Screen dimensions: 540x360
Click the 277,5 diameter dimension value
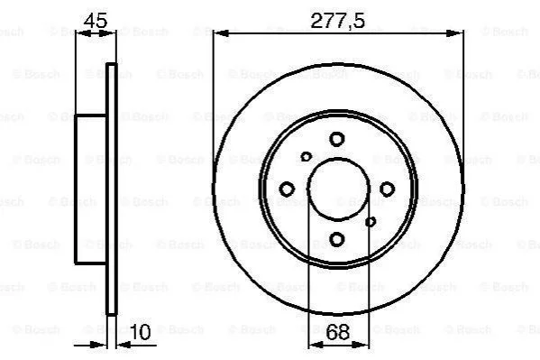tap(337, 21)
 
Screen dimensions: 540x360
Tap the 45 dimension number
tap(96, 21)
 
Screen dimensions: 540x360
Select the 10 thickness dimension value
tap(140, 331)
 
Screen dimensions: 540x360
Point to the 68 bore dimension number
tap(337, 332)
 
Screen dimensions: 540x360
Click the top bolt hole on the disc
tap(337, 139)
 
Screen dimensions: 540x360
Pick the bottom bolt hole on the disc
tap(337, 239)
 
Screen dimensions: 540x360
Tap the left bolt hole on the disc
tap(287, 189)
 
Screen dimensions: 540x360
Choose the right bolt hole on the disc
tap(387, 189)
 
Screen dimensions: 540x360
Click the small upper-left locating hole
tap(306, 157)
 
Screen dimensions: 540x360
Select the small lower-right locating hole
tap(371, 222)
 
